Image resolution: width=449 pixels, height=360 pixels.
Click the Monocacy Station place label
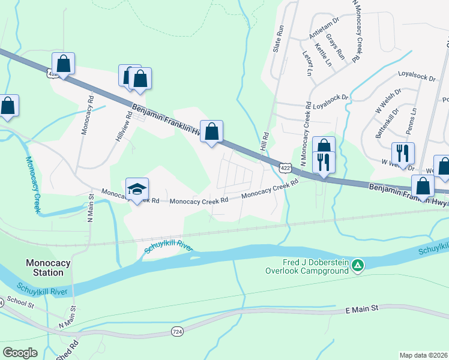tap(44, 268)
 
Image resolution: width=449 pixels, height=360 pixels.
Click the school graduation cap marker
tap(137, 189)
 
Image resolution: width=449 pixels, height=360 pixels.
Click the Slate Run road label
tap(279, 38)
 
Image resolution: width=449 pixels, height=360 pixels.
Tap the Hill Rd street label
tap(264, 142)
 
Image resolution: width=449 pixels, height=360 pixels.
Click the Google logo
tap(20, 352)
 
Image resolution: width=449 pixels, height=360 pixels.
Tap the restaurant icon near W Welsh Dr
tap(402, 153)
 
